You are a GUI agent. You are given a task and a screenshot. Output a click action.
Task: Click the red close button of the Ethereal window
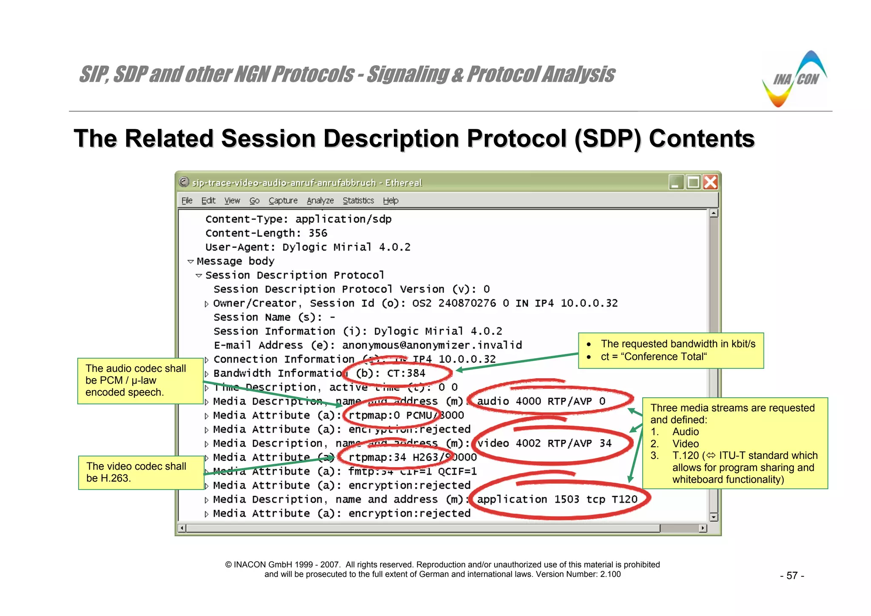[710, 183]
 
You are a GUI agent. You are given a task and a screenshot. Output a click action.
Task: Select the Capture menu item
[283, 200]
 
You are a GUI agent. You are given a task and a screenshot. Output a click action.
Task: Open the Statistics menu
[358, 200]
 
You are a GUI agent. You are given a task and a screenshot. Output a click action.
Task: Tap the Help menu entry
[390, 200]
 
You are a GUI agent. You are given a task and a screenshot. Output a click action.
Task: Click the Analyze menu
[320, 200]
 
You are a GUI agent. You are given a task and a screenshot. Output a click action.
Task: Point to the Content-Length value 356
[318, 233]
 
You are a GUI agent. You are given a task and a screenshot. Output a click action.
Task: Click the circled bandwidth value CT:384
[406, 374]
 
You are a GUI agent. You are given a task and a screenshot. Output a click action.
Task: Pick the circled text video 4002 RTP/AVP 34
[544, 443]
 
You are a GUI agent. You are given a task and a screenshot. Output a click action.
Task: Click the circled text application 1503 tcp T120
[557, 499]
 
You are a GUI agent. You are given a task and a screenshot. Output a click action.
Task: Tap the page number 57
[791, 576]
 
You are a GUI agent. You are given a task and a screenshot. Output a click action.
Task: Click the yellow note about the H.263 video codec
[141, 473]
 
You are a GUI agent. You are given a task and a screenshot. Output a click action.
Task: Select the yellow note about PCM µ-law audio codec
[140, 381]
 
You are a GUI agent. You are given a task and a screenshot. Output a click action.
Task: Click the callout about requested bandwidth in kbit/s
[671, 351]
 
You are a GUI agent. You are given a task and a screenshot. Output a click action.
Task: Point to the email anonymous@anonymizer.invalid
[432, 345]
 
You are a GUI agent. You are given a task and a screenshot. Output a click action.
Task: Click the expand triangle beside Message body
[191, 262]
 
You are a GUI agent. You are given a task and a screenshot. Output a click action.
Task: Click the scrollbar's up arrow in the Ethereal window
[714, 214]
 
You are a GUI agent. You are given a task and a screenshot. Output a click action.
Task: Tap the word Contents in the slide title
[701, 139]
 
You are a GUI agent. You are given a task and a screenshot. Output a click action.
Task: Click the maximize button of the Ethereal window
[693, 183]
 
